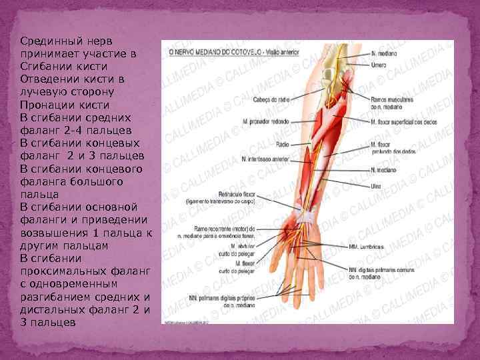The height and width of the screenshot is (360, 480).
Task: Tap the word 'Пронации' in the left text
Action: (47, 105)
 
